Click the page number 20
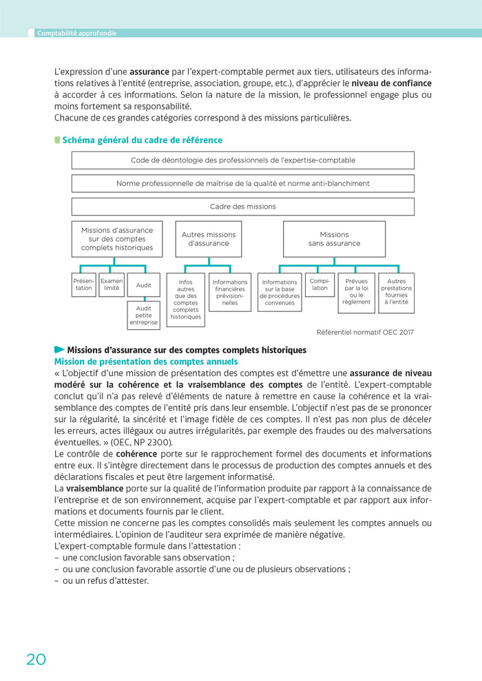click(x=36, y=659)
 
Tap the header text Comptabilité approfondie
click(x=76, y=33)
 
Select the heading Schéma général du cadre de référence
click(x=142, y=140)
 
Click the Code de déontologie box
click(x=242, y=160)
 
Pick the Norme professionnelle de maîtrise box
click(x=242, y=183)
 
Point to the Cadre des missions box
click(x=242, y=207)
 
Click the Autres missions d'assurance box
click(x=208, y=239)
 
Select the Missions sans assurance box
click(x=334, y=239)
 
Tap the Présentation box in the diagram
click(x=83, y=284)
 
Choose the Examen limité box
click(x=112, y=284)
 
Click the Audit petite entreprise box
click(x=143, y=315)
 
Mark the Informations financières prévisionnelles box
click(x=230, y=292)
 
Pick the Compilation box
click(x=320, y=284)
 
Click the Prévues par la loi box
click(x=356, y=292)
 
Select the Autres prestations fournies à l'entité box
click(x=397, y=292)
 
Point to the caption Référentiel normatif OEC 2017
click(x=365, y=332)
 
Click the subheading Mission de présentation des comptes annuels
click(x=146, y=362)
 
